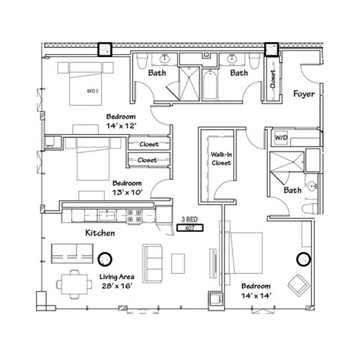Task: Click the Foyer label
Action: [x=303, y=94]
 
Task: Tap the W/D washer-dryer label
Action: [x=281, y=138]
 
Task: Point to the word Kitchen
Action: [x=99, y=233]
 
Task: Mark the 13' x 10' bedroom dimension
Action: [x=127, y=193]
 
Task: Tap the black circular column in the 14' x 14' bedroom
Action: [x=304, y=259]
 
